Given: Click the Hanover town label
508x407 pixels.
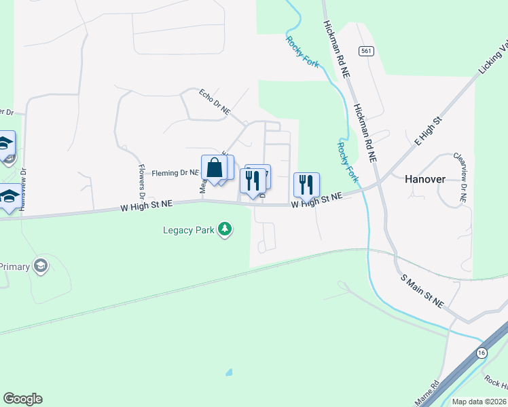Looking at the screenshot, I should click(425, 180).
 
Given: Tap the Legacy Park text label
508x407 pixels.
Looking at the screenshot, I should click(189, 230).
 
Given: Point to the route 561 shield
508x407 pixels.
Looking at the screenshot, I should click(367, 51).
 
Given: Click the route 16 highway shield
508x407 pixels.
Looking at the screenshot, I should click(482, 353).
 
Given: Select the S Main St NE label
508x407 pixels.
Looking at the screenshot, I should click(422, 292).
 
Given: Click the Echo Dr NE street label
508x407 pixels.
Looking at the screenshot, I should click(215, 101).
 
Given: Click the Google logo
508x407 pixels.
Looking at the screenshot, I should click(22, 399).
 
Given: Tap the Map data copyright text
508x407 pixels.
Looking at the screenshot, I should click(479, 402).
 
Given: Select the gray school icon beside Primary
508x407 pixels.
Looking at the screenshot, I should click(41, 265).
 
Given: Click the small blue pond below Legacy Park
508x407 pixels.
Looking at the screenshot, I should click(228, 372).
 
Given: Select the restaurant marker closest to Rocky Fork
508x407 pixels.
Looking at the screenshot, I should click(306, 183).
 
